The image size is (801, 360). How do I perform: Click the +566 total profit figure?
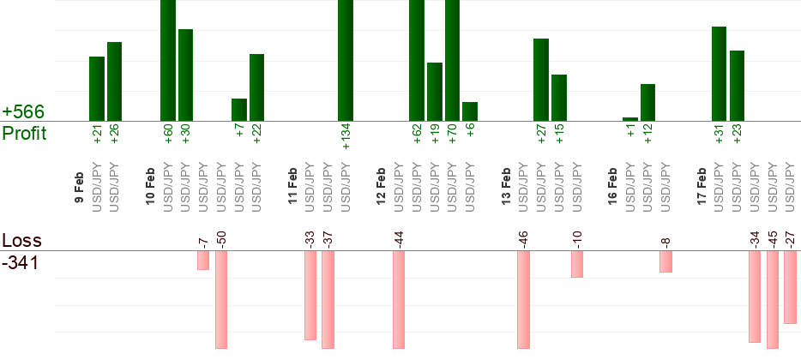[x=23, y=112]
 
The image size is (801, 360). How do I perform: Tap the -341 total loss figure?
[x=21, y=262]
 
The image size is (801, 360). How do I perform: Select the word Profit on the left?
[x=25, y=133]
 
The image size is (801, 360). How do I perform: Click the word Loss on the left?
[x=21, y=240]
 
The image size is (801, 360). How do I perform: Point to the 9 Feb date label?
[x=79, y=188]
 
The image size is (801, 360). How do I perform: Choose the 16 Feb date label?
[x=613, y=184]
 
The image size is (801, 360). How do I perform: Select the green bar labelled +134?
[x=346, y=60]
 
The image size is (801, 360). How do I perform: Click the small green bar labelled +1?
[x=630, y=119]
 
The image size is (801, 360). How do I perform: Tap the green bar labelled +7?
[x=239, y=110]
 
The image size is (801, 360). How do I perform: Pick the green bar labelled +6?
[x=470, y=111]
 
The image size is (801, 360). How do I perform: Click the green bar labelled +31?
[x=720, y=74]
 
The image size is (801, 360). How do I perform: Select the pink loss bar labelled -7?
[x=203, y=260]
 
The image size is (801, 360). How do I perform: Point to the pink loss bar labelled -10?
[x=577, y=264]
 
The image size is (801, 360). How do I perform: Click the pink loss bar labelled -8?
[x=665, y=261]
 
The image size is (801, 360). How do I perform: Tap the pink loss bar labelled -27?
[x=791, y=287]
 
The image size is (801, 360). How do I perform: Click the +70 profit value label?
[x=453, y=136]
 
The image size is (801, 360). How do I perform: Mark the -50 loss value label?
[x=221, y=239]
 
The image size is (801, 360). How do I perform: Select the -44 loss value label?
[x=399, y=239]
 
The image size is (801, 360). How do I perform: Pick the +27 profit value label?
[x=541, y=136]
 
